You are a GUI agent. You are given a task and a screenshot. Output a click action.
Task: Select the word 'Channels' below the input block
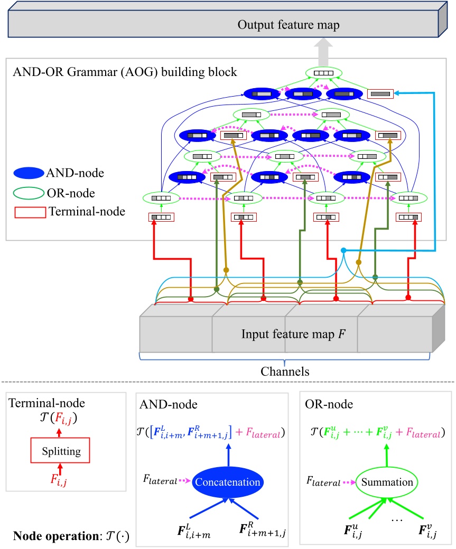coord(286,371)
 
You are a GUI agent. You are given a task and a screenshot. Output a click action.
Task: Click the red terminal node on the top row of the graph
coord(380,94)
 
